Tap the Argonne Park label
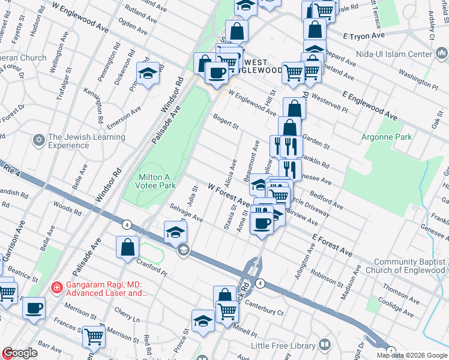tap(386, 137)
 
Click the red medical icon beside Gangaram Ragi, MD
tap(56, 287)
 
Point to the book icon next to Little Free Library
tap(325, 345)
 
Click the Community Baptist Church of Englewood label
tap(410, 266)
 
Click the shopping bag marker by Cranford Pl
tap(128, 247)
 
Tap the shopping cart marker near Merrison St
tap(94, 337)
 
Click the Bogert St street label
tap(225, 121)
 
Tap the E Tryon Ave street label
tap(364, 35)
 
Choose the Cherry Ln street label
tap(126, 314)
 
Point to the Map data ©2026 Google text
tap(412, 355)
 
